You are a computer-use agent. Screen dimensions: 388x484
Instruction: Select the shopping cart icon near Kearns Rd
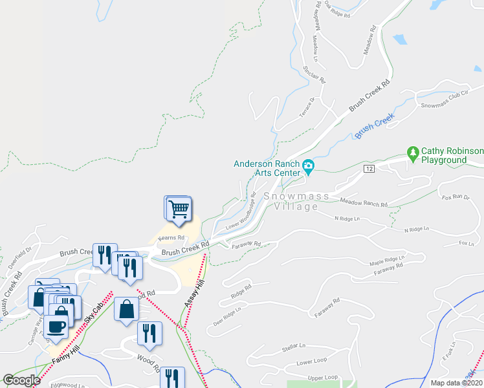[179, 209]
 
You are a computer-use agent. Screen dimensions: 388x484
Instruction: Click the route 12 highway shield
[368, 168]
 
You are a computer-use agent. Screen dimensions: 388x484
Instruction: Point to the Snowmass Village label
[296, 201]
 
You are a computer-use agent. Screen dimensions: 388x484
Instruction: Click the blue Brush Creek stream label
[374, 124]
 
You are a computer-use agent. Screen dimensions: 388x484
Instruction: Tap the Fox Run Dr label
[454, 196]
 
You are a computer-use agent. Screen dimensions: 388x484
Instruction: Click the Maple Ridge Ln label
[386, 261]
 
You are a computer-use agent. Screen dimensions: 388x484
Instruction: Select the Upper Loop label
[322, 377]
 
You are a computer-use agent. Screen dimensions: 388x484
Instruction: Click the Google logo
[21, 380]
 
